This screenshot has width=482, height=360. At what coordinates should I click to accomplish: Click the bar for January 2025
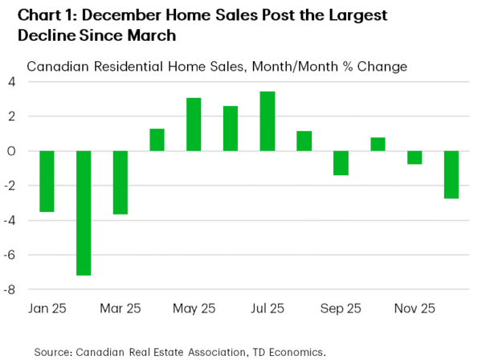tap(47, 182)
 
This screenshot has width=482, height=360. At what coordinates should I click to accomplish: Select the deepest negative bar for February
tap(84, 213)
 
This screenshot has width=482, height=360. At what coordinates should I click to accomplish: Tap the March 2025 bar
tap(120, 182)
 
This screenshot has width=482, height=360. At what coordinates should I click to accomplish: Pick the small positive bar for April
tap(157, 140)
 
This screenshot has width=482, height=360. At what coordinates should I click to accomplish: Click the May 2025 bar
tap(194, 125)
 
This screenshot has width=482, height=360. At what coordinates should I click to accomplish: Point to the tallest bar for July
tap(268, 121)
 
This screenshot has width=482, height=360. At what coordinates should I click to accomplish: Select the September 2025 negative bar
tap(341, 163)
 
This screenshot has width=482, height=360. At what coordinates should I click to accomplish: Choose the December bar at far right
tap(451, 174)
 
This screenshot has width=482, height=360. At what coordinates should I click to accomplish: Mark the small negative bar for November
tap(415, 157)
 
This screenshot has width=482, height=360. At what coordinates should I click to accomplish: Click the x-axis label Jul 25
tap(268, 308)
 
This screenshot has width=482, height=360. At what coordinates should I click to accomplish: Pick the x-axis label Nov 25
tap(415, 308)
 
